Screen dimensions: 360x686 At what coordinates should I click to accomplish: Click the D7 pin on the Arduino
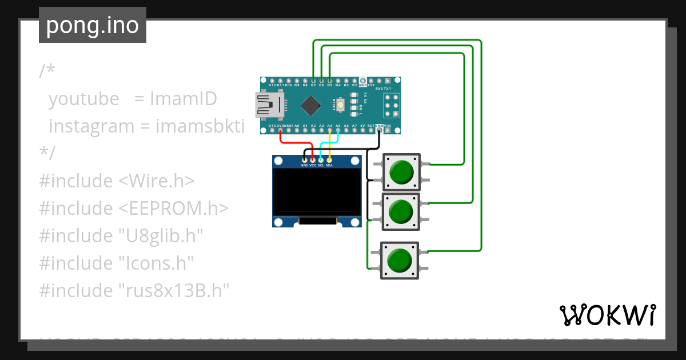[313, 80]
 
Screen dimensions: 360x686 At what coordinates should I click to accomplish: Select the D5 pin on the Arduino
[330, 80]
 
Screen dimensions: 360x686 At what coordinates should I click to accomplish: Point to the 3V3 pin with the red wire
[280, 130]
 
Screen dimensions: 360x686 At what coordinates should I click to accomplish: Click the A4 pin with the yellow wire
[330, 130]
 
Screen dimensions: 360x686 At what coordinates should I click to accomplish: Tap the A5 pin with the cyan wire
[338, 130]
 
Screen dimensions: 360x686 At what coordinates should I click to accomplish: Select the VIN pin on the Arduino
[388, 130]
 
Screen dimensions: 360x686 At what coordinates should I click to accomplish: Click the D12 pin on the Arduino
[272, 80]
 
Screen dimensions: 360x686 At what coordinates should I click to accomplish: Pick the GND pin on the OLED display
[304, 159]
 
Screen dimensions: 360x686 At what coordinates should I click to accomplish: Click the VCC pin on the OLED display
[313, 159]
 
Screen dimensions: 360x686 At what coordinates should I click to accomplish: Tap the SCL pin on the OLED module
[321, 159]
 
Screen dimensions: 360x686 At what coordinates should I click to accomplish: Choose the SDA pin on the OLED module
[329, 159]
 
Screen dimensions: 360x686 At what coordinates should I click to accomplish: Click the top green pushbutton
[401, 172]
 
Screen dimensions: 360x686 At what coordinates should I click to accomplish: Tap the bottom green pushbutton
[400, 261]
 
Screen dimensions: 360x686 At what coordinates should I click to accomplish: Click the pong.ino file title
[93, 26]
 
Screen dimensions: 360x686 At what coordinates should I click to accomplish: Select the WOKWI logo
[608, 315]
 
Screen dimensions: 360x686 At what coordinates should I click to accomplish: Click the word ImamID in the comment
[184, 99]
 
